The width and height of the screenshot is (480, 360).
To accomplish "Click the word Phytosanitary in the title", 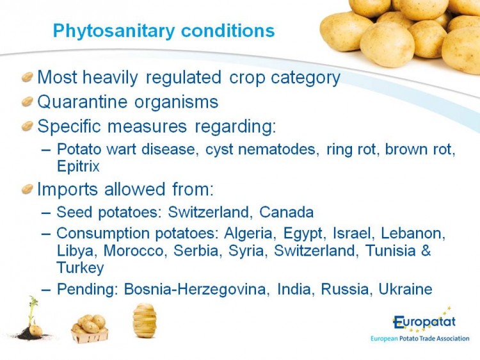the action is click(114, 31).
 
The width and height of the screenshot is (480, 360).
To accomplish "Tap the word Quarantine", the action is click(82, 102).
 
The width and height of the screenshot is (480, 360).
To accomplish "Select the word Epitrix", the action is click(78, 167).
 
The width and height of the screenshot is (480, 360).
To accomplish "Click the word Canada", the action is click(287, 212).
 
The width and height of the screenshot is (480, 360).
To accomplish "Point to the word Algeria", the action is click(248, 233).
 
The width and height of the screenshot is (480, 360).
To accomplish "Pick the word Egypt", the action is click(303, 234).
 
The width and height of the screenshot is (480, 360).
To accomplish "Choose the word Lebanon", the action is click(413, 233).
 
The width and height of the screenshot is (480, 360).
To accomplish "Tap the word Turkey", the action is click(80, 268).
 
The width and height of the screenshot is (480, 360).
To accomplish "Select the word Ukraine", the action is click(405, 289).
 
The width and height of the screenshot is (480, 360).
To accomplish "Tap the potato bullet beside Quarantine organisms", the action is click(28, 102).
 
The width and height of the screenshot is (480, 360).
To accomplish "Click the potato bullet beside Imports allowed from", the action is click(28, 190).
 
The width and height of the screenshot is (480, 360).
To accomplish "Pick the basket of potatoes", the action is click(90, 329).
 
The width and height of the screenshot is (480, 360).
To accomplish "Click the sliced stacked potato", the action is click(145, 320).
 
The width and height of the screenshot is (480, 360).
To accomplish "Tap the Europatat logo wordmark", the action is click(424, 322).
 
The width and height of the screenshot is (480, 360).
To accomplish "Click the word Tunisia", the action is click(390, 250).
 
